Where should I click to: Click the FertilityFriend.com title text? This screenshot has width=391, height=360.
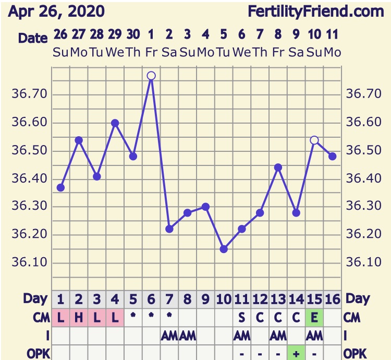316,11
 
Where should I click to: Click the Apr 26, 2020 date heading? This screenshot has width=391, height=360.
56,11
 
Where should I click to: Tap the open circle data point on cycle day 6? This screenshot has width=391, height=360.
151,76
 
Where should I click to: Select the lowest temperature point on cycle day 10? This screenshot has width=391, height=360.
224,249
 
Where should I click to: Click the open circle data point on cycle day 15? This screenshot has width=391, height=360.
314,140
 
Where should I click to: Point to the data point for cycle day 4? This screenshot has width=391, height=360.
115,123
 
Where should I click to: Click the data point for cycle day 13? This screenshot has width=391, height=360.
278,167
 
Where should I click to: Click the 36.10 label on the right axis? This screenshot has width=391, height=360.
360,262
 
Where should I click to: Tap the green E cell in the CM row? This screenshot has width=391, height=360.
314,317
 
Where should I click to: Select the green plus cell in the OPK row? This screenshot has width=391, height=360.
296,353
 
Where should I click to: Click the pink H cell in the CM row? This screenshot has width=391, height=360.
79,317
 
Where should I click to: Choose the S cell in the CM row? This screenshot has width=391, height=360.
242,317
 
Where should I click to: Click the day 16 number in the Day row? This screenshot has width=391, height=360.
333,299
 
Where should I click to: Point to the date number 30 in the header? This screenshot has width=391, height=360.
133,35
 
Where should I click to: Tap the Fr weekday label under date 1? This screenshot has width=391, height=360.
151,52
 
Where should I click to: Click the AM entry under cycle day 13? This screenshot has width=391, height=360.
278,335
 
